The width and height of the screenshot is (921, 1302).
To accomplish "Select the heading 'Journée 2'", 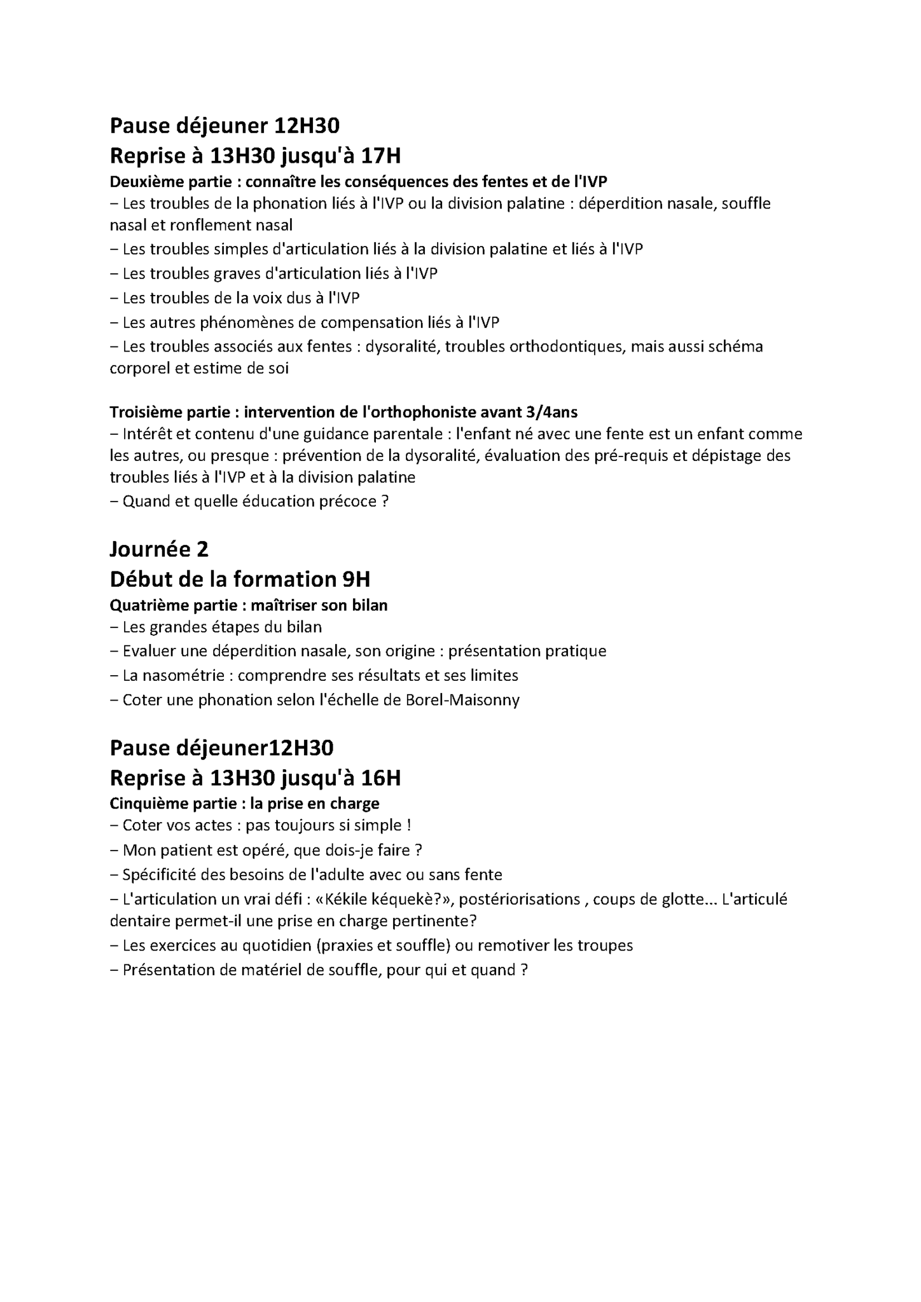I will pyautogui.click(x=159, y=549).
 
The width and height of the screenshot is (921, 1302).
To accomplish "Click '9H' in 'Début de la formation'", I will pyautogui.click(x=356, y=579).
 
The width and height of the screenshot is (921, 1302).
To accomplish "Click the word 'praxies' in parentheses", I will pyautogui.click(x=348, y=945).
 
